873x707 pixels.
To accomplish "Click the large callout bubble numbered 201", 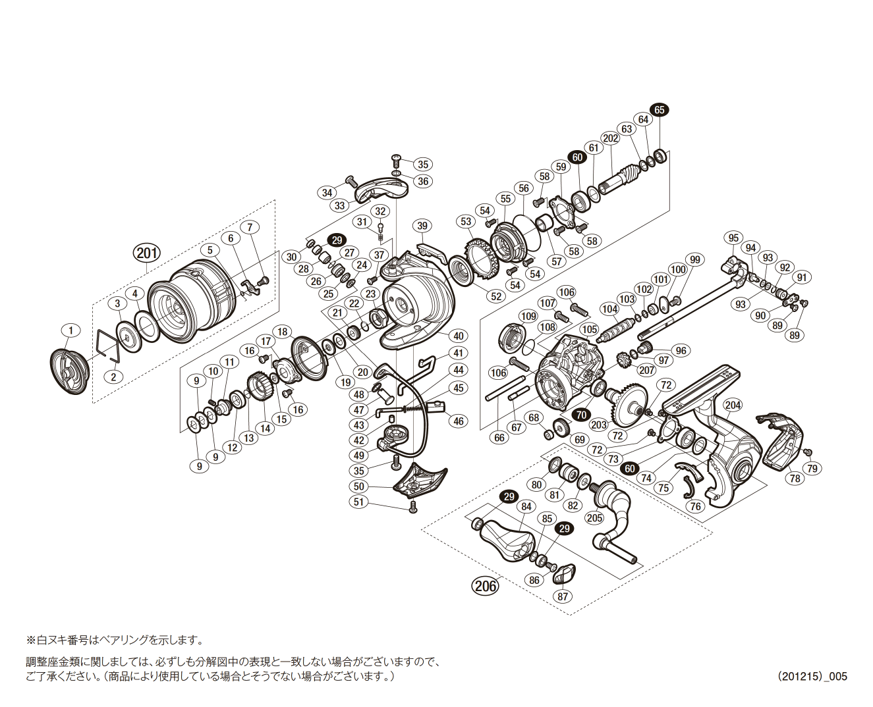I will click(146, 252).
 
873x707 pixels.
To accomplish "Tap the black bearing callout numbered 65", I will click(659, 110).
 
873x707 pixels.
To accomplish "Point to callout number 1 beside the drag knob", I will click(70, 330).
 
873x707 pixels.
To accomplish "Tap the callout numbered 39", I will click(422, 226).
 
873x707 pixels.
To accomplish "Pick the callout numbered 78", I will click(795, 478).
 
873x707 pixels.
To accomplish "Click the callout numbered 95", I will click(733, 238).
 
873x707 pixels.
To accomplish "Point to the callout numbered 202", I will click(610, 138).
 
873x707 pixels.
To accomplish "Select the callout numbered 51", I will click(358, 502).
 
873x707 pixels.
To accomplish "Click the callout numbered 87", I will click(562, 596).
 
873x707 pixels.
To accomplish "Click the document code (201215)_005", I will click(812, 676).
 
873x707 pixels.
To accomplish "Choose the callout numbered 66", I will click(499, 437).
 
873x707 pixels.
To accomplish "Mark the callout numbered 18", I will click(283, 332).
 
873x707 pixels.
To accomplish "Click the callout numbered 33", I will click(339, 205).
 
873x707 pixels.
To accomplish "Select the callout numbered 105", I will click(589, 329).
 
